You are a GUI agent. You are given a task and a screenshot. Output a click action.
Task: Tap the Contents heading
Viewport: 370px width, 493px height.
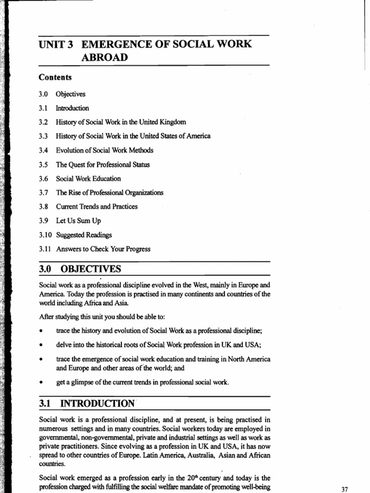(55, 77)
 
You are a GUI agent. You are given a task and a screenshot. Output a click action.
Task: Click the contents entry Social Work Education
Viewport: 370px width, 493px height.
(88, 179)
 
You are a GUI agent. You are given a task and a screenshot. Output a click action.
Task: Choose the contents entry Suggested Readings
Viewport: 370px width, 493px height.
(84, 235)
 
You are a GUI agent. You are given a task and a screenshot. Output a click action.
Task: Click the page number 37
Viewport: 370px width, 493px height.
(344, 489)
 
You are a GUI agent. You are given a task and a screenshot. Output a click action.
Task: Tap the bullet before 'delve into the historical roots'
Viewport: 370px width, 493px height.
(43, 345)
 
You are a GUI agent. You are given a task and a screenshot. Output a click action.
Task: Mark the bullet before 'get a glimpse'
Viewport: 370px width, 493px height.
(43, 382)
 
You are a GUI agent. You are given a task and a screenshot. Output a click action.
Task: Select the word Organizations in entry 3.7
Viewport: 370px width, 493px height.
(139, 193)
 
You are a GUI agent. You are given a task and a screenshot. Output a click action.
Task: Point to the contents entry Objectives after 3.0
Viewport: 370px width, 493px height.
(70, 94)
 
